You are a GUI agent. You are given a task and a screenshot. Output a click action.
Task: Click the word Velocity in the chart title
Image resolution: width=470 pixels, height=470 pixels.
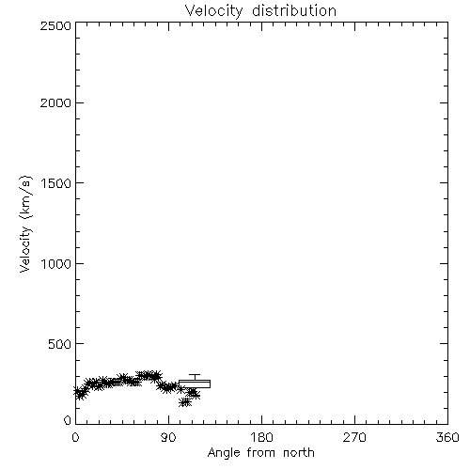pos(214,11)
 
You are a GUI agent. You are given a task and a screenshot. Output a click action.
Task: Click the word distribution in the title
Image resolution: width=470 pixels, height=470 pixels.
pos(294,10)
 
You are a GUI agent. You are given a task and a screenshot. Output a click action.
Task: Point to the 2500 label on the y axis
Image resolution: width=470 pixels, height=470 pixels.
pos(55,25)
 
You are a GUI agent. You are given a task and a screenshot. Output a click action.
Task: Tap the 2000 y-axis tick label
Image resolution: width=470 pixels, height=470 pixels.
pos(55,102)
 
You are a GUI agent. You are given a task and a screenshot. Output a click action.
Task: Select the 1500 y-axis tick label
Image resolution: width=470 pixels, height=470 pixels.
pos(56,183)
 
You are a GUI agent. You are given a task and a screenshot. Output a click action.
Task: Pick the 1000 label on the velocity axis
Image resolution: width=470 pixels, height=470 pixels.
pos(56,263)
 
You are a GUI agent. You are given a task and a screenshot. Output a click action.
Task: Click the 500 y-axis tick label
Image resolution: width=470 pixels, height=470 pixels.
pos(60,344)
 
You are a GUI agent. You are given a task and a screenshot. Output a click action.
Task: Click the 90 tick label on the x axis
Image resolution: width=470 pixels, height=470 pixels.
pos(168,437)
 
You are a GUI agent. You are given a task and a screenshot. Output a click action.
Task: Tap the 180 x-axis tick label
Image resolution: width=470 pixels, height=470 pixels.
pos(261,437)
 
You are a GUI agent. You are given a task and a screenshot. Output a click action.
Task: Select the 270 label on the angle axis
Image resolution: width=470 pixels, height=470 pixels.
pos(354,437)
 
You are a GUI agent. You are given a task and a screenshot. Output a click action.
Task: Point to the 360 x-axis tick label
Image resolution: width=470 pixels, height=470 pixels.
pos(447,437)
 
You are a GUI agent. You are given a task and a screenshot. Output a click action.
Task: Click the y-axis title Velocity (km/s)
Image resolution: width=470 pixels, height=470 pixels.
pos(25,224)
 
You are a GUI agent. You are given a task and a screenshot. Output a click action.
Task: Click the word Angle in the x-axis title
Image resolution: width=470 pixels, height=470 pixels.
pos(224,453)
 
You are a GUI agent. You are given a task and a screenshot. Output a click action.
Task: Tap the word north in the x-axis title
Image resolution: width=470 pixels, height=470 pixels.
pos(299,452)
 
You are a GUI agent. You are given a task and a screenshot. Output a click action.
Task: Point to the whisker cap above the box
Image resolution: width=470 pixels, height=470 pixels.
pos(195,374)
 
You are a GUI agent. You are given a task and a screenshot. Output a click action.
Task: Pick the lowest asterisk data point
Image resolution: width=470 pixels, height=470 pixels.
pos(185,402)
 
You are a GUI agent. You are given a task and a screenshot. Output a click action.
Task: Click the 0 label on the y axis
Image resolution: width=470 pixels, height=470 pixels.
pos(68,420)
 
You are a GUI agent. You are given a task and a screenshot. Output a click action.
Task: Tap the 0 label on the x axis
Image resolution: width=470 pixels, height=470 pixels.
pos(75,437)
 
